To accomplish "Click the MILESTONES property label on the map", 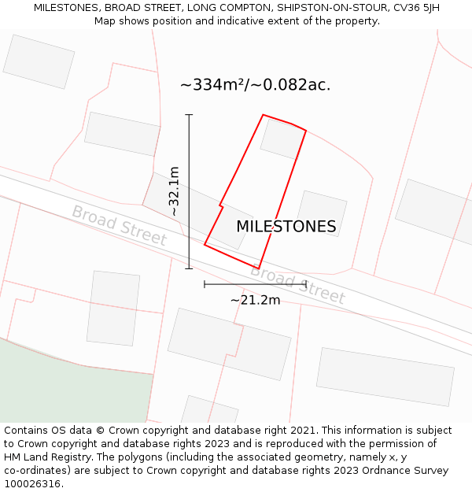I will (x=286, y=227).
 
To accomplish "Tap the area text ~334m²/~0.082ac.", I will (x=255, y=85).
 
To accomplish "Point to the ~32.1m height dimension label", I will (x=174, y=191).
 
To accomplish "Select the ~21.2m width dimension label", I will (x=255, y=300).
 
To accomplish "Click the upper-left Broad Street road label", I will (x=119, y=225).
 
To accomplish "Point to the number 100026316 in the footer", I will (x=33, y=484).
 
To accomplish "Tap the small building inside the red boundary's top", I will (x=282, y=139).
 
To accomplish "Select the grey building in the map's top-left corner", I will (x=39, y=61).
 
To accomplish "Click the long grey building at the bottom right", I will (x=385, y=377).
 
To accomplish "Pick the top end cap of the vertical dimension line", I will (x=189, y=115).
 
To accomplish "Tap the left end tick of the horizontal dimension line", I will (x=205, y=283).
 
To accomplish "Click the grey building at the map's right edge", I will (x=433, y=211).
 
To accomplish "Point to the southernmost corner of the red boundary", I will (x=258, y=268).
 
